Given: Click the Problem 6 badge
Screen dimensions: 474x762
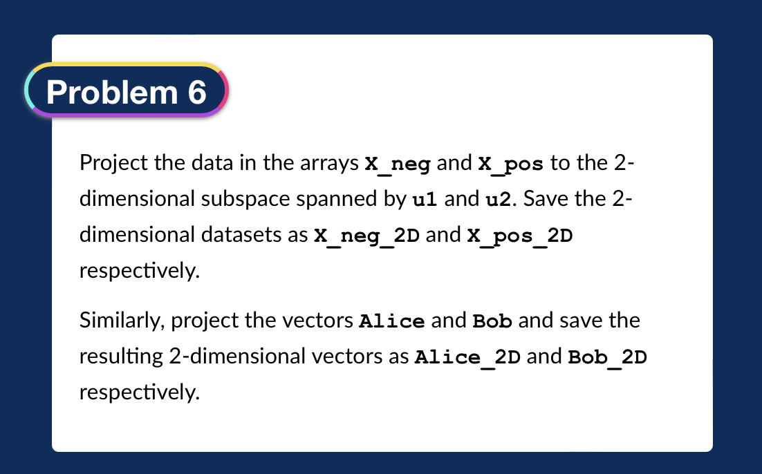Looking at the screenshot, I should [x=127, y=91].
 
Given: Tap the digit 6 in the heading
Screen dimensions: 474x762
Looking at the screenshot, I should [x=196, y=91].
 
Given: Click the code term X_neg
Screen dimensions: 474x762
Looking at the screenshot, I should [x=398, y=164].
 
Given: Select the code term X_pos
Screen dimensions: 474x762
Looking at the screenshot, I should [x=510, y=164].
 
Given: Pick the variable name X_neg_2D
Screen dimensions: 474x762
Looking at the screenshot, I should [x=367, y=236].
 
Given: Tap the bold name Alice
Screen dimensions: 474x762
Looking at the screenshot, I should [x=392, y=321].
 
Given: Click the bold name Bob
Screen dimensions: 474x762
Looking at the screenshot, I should [x=492, y=321].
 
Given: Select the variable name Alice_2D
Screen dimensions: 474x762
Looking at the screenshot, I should [x=467, y=357].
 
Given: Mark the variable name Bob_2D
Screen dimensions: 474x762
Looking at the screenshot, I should [x=607, y=357].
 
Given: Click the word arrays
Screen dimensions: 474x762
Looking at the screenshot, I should [x=335, y=164].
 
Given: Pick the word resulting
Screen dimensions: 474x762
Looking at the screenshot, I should [x=121, y=357].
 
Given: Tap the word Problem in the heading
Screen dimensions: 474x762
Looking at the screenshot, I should [x=111, y=91].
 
